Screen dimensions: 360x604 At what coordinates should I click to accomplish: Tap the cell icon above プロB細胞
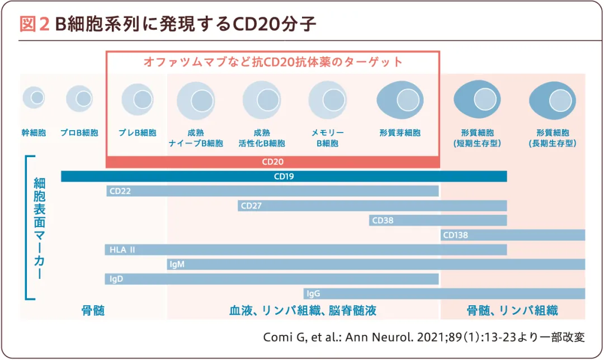coord(79,99)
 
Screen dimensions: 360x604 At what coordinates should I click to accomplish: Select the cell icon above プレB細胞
coord(137,100)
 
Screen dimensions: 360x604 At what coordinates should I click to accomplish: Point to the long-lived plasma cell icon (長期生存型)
coord(552,100)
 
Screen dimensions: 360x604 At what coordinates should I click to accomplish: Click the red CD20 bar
coord(272,162)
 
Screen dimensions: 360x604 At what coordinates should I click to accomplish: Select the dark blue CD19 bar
coord(284,177)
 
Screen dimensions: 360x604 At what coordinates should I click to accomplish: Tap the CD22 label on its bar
coord(120,191)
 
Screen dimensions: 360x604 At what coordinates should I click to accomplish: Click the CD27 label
coord(251,206)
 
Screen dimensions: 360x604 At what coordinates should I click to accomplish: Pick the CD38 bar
coord(438,220)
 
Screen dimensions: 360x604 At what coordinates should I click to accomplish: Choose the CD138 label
coord(455,235)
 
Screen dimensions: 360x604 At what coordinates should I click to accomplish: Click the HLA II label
coord(122,250)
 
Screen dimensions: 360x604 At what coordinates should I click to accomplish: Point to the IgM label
coord(177,264)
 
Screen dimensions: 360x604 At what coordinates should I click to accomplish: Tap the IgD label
coord(116,279)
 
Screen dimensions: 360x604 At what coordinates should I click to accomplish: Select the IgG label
coord(313,293)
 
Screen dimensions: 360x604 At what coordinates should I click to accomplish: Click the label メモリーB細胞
coord(327,138)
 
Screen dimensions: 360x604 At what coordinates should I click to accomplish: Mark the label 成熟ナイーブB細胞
coord(196,138)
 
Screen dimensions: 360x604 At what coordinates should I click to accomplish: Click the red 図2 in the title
coord(35,24)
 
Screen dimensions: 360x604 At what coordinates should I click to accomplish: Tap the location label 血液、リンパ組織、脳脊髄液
coord(303,311)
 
